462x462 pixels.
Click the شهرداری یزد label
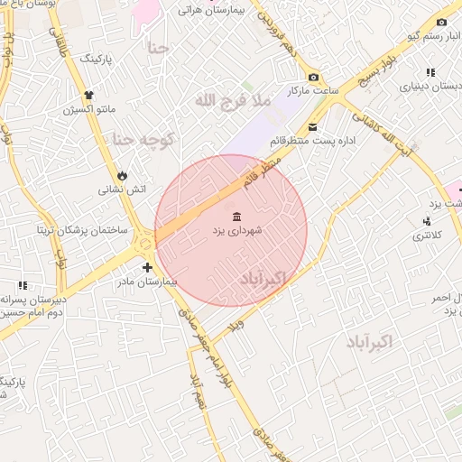pyautogui.click(x=236, y=231)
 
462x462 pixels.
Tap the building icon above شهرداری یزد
pyautogui.click(x=236, y=217)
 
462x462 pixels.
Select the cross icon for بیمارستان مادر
pyautogui.click(x=147, y=267)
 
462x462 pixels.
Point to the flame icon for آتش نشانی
pyautogui.click(x=123, y=175)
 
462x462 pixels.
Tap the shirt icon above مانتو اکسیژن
pyautogui.click(x=88, y=95)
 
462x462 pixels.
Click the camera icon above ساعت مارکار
pyautogui.click(x=313, y=78)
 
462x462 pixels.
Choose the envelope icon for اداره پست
pyautogui.click(x=313, y=127)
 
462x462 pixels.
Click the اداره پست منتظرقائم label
pyautogui.click(x=313, y=142)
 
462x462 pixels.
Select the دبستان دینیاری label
pyautogui.click(x=430, y=87)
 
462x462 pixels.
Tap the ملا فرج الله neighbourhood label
pyautogui.click(x=232, y=100)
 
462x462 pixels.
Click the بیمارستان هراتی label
pyautogui.click(x=214, y=10)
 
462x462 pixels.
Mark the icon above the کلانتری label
pyautogui.click(x=425, y=221)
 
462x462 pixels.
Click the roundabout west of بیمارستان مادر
pyautogui.click(x=144, y=243)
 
